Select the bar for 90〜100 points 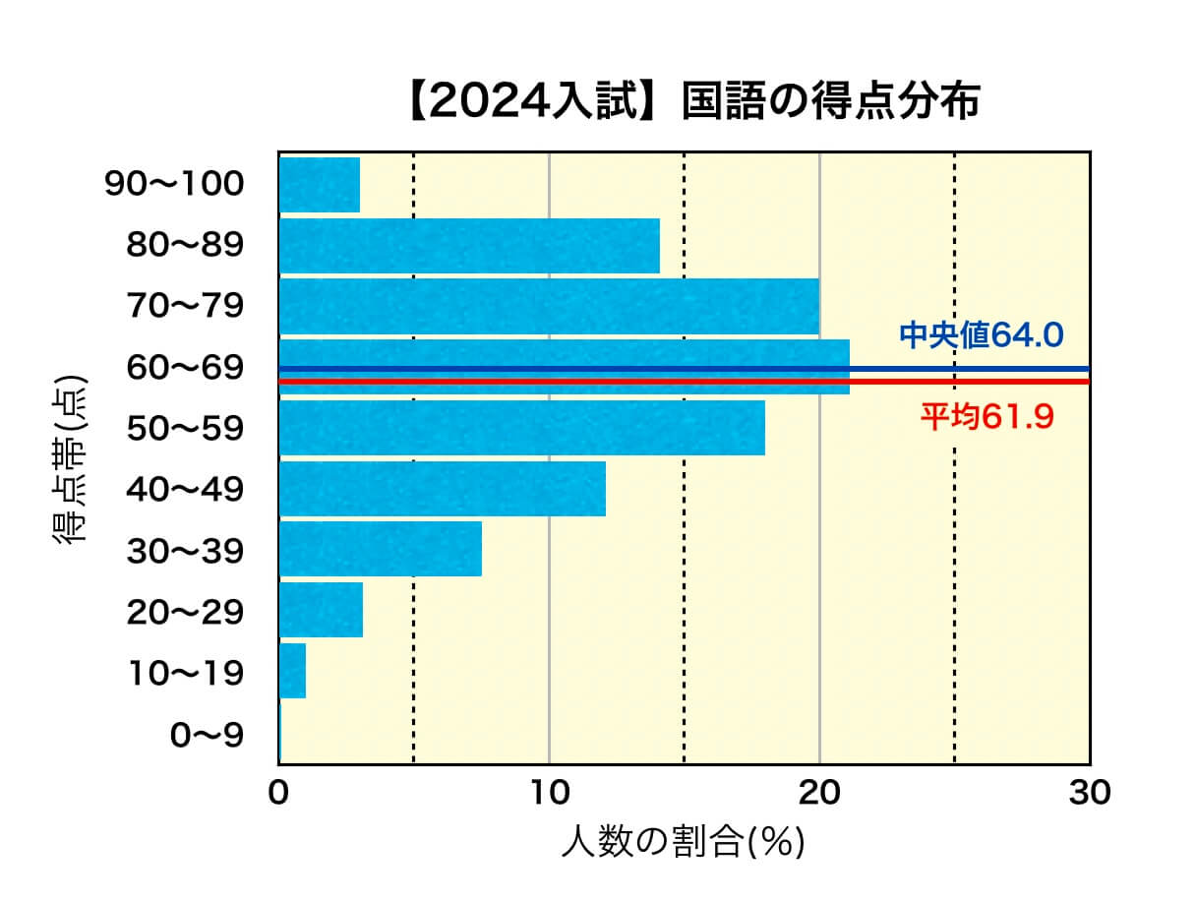click(x=320, y=185)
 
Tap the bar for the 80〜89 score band click(x=469, y=246)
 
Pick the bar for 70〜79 click(x=549, y=307)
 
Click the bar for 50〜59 click(x=522, y=428)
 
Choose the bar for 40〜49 click(x=443, y=489)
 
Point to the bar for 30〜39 click(x=381, y=549)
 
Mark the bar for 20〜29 click(x=322, y=610)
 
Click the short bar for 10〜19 click(x=293, y=671)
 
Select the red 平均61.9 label click(x=987, y=417)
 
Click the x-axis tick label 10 click(x=549, y=792)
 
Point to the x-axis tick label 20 click(x=819, y=792)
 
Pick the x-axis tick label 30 click(x=1089, y=792)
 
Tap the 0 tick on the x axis click(x=279, y=792)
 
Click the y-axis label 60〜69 click(x=184, y=368)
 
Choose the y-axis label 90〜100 click(x=174, y=185)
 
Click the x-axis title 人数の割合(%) click(x=683, y=842)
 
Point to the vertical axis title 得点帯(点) click(x=70, y=459)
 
